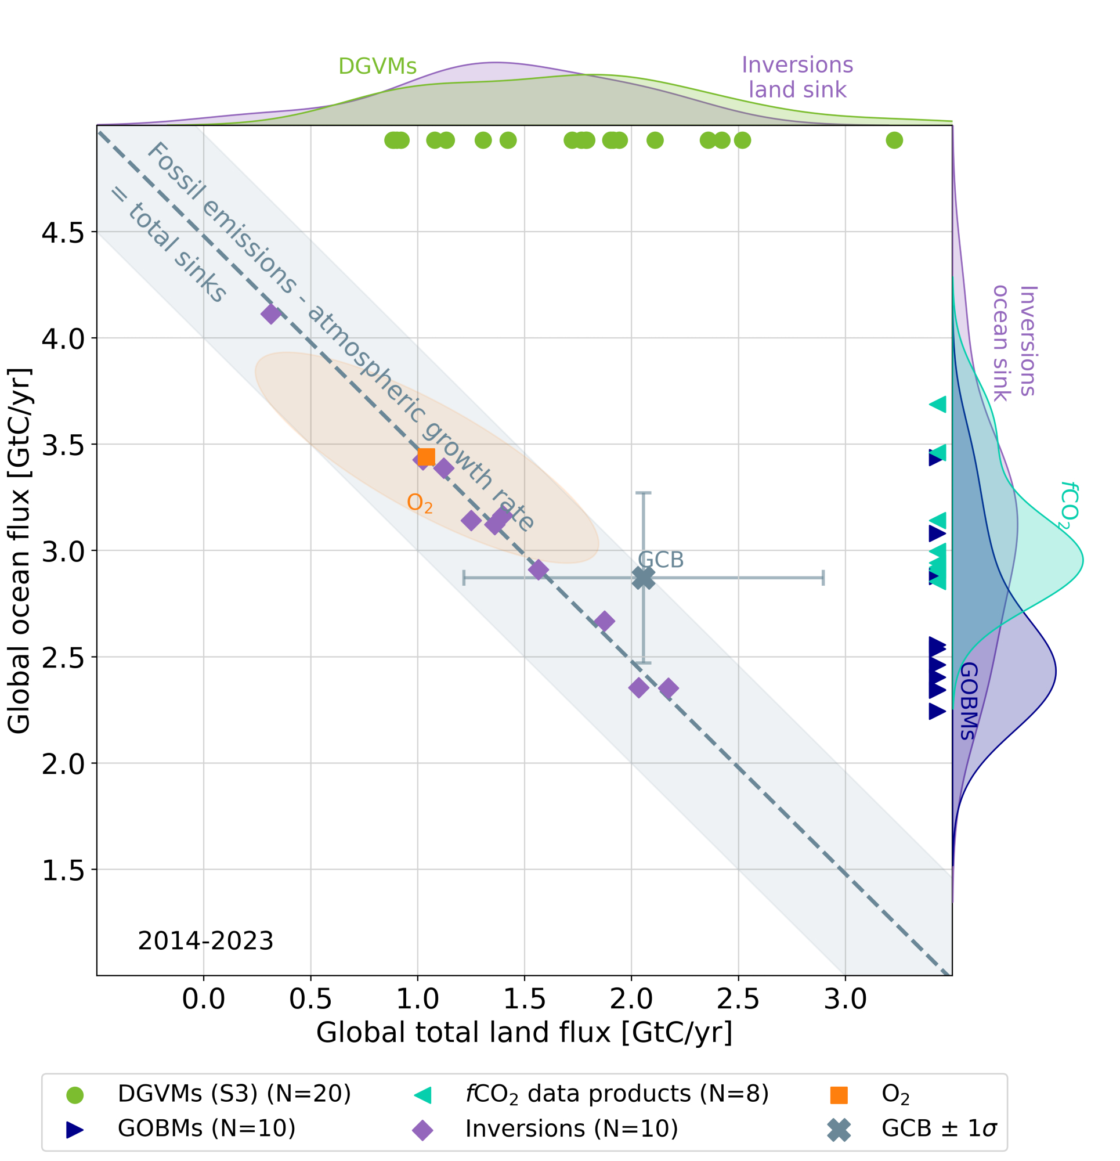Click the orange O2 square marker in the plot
pos(427,457)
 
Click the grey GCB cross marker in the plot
pos(643,578)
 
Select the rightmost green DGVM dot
pos(894,140)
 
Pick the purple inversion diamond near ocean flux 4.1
pos(270,314)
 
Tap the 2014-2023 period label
pos(205,940)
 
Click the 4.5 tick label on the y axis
pos(63,233)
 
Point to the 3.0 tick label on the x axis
pos(844,998)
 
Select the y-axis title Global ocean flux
pos(19,551)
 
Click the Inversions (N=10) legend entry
pos(571,1128)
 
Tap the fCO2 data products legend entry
pos(616,1094)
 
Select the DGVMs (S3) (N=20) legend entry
pos(234,1094)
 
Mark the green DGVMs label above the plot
pos(377,66)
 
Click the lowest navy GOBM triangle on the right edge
pos(937,712)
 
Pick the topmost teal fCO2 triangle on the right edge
pos(938,405)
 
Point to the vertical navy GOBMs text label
pos(967,701)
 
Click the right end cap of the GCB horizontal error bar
pos(823,578)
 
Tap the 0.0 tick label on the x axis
pos(203,998)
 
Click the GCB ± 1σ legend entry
pos(938,1128)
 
